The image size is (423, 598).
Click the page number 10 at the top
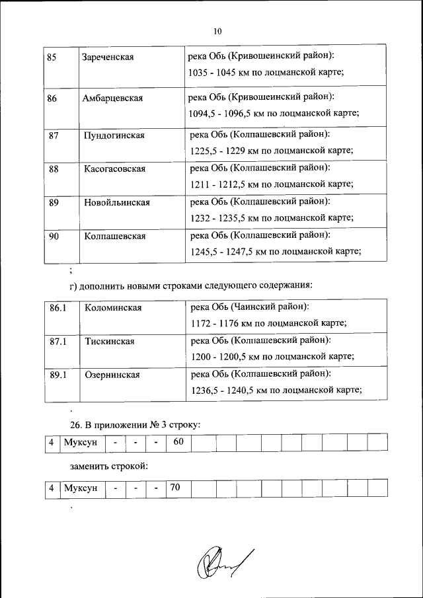[217, 31]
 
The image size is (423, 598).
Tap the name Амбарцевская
[113, 98]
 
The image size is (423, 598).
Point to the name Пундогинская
[114, 135]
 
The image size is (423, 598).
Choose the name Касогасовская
[114, 169]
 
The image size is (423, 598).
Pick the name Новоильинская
[117, 203]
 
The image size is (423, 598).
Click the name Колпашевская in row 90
[114, 236]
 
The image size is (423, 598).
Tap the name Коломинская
[113, 308]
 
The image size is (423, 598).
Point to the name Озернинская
[112, 375]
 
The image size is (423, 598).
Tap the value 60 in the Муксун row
[178, 441]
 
